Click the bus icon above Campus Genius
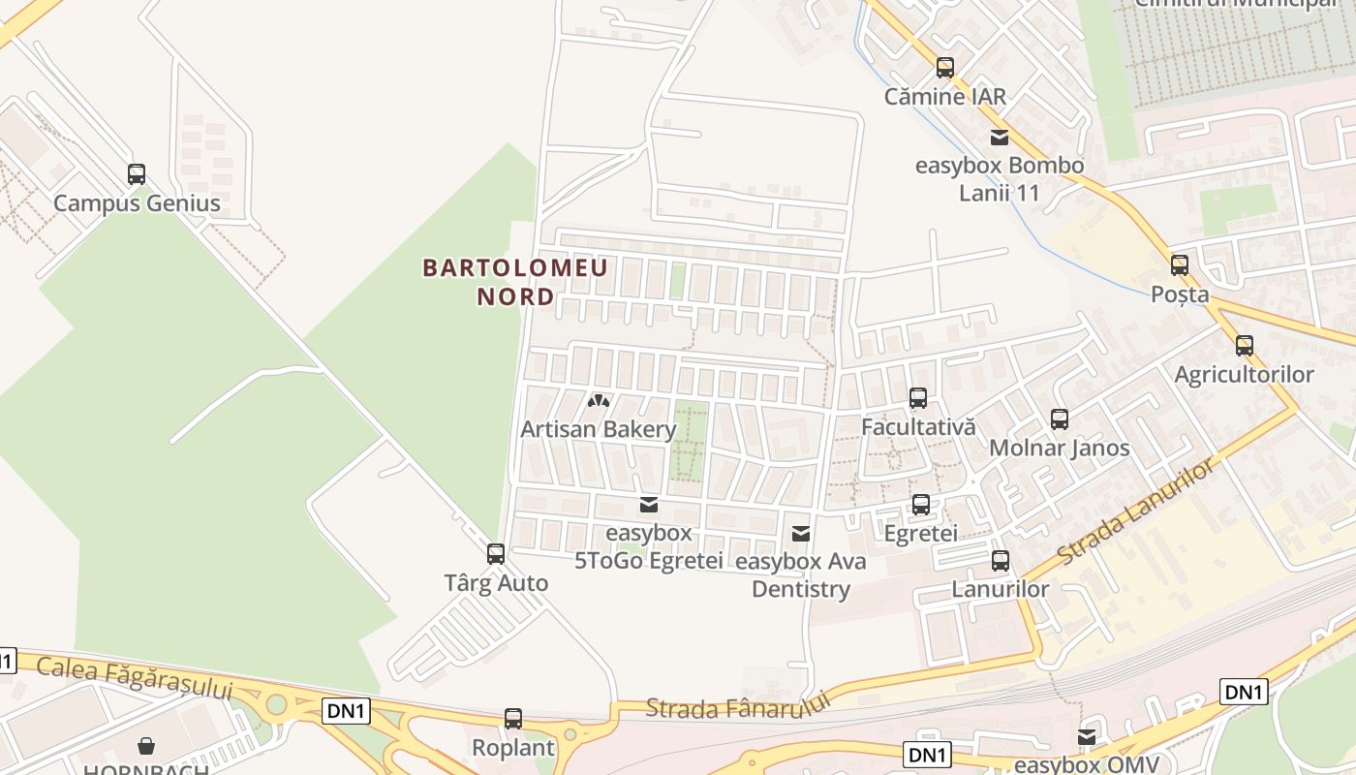click(137, 174)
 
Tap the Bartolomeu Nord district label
click(515, 281)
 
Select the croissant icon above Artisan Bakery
click(599, 400)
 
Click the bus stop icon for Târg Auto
click(496, 554)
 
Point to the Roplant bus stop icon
click(513, 719)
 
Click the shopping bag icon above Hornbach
click(146, 746)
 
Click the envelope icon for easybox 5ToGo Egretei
click(649, 505)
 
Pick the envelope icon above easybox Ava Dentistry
click(801, 533)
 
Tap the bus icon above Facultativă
click(918, 397)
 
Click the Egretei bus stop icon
click(921, 505)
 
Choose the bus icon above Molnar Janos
click(1060, 419)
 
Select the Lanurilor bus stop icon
click(1001, 561)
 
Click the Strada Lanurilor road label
click(1135, 513)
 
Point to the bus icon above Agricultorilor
click(1245, 346)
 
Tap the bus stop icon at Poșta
click(1180, 265)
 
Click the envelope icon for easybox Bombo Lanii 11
click(999, 138)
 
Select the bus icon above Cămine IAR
click(945, 68)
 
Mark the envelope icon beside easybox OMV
click(1087, 738)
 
